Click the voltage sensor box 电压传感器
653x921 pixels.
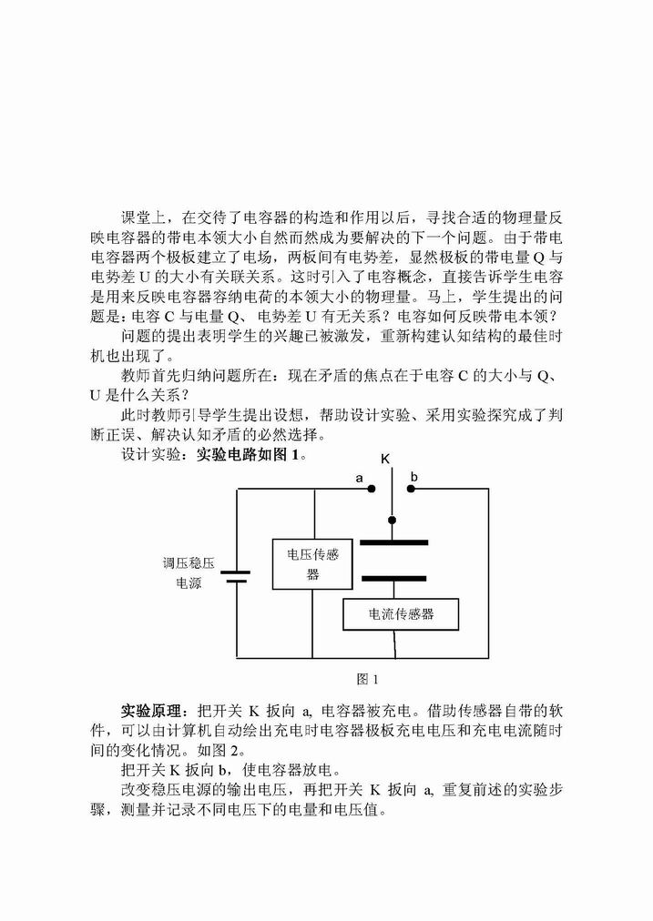[312, 564]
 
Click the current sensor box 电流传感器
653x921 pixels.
[400, 614]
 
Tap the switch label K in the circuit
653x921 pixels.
[385, 459]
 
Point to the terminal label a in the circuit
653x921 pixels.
[359, 479]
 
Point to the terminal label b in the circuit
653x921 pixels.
[413, 477]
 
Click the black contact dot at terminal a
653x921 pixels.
[372, 489]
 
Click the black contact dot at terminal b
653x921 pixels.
[411, 489]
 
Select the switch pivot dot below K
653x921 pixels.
[392, 520]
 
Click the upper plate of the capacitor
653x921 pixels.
[393, 542]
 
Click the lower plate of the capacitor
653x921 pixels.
[393, 579]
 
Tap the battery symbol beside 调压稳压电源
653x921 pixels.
[236, 576]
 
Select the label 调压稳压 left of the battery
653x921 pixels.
[189, 563]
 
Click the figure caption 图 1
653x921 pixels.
[368, 680]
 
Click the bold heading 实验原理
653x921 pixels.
[151, 711]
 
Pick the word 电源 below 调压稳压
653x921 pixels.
[189, 583]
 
